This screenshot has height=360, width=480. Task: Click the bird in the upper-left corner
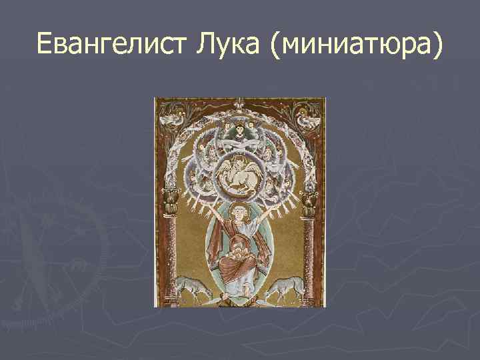click(x=173, y=120)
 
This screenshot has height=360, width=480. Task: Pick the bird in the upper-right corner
click(x=307, y=120)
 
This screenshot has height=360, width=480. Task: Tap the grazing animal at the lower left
click(x=193, y=288)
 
